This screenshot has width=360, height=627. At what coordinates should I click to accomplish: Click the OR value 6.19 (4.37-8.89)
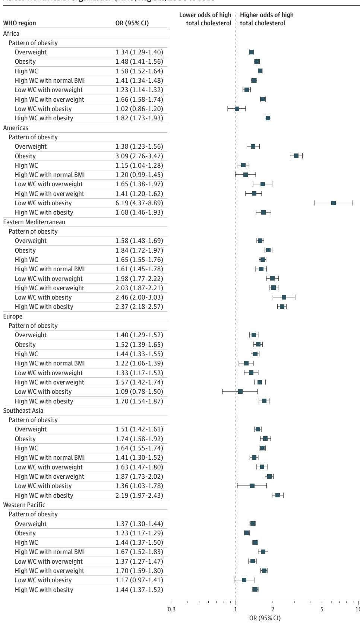[139, 203]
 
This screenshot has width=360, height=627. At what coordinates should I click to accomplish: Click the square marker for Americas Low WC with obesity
[334, 203]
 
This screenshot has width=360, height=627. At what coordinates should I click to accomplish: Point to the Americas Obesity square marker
[296, 156]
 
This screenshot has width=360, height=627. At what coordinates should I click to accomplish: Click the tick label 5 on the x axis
[322, 609]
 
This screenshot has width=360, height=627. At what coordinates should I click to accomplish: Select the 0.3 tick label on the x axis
[171, 609]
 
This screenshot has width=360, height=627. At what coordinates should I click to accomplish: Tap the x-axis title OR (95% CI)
[265, 618]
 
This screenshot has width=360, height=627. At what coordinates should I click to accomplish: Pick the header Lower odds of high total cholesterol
[205, 19]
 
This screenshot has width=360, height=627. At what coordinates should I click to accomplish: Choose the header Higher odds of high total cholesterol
[266, 19]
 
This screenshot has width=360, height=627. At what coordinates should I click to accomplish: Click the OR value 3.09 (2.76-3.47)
[139, 156]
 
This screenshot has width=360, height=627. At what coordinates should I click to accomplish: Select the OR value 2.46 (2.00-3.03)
[139, 297]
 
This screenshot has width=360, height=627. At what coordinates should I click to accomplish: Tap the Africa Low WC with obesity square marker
[237, 109]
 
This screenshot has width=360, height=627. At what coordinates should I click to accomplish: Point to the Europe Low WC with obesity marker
[240, 392]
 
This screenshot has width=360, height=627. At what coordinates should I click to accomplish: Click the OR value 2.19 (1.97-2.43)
[139, 495]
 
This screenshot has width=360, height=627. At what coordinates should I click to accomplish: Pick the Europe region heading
[13, 316]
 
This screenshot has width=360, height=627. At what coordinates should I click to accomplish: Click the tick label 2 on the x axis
[272, 609]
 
